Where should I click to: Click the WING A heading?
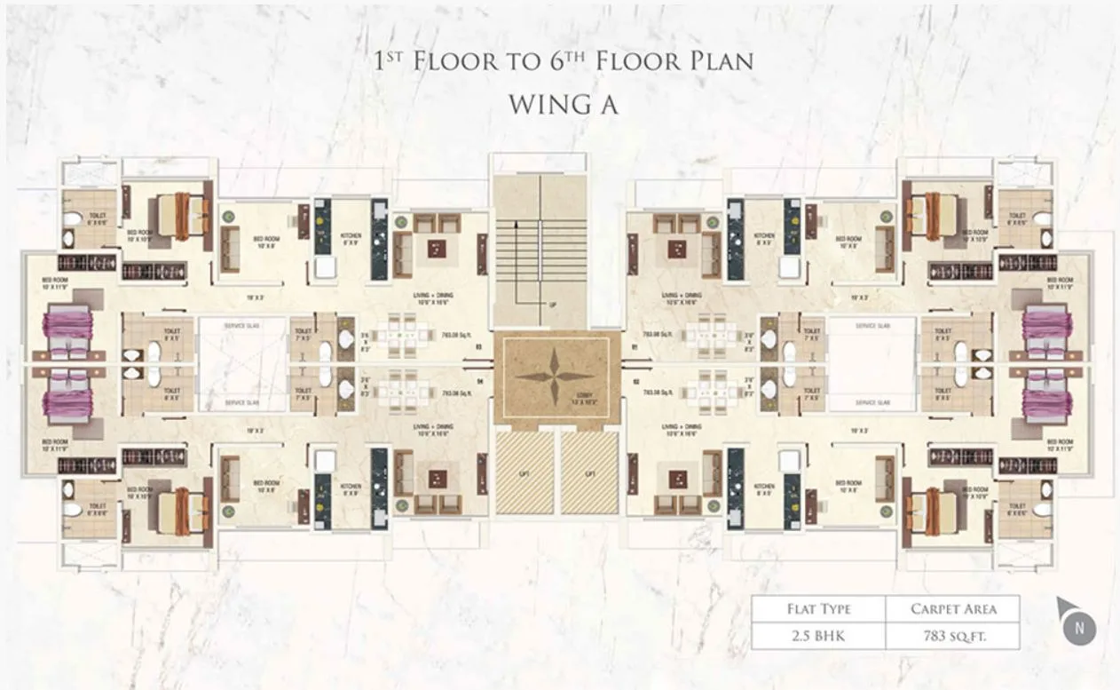coord(563,104)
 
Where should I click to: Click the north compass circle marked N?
coord(1079,628)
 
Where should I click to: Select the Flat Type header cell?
coord(818,609)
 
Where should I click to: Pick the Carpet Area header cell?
coord(952,609)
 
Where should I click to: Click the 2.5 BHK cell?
coord(818,636)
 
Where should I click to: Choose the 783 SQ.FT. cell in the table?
coord(952,636)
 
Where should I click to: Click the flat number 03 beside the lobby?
coord(477,348)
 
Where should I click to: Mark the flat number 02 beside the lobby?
coord(635,383)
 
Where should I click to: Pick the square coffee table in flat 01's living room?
coord(679,248)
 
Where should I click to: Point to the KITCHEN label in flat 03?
coord(351,236)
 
